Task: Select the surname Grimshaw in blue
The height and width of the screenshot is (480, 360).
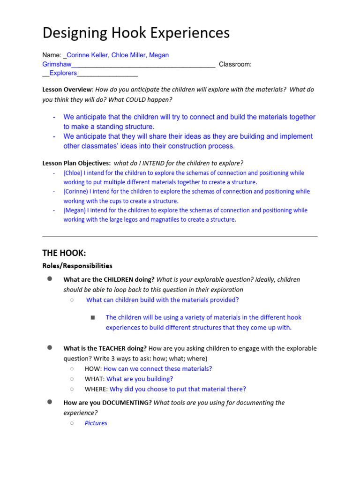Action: (55, 64)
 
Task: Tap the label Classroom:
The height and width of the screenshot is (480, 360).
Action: (235, 64)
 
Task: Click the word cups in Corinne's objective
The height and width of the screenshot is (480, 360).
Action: (128, 201)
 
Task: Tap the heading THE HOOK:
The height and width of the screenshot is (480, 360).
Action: (64, 253)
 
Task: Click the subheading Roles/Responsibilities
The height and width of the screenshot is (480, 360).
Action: (77, 266)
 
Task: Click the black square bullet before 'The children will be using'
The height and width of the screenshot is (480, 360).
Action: (93, 318)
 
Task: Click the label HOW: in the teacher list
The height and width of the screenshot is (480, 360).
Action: (93, 369)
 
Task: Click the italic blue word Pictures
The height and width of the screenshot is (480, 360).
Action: (96, 423)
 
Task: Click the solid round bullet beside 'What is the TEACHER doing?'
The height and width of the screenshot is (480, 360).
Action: (49, 348)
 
